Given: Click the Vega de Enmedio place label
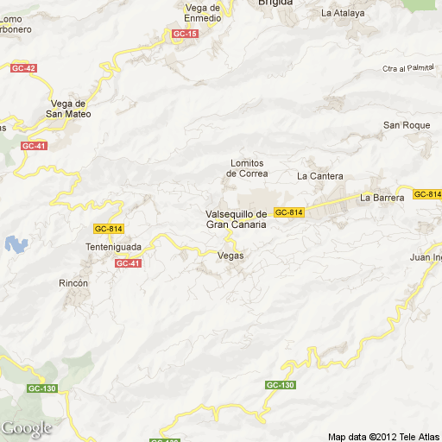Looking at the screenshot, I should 203,12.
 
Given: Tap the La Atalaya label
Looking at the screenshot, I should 343,13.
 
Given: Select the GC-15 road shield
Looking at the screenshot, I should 185,34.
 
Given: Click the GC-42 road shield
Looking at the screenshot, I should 23,68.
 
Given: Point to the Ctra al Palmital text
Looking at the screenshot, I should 407,68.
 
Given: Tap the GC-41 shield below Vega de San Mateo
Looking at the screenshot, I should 34,146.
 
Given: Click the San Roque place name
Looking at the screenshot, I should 407,125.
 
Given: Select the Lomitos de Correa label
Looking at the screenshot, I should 247,168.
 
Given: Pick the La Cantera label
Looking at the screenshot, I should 319,176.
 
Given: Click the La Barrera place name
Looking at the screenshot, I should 382,198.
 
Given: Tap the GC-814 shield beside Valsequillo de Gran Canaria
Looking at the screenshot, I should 289,212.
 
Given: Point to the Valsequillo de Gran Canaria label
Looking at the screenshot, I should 236,219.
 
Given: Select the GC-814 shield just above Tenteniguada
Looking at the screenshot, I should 109,229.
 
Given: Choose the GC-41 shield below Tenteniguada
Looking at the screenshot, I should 128,263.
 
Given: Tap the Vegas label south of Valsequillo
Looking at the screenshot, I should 230,256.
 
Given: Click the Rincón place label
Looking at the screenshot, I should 73,283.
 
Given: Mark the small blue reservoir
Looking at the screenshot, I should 16,244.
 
